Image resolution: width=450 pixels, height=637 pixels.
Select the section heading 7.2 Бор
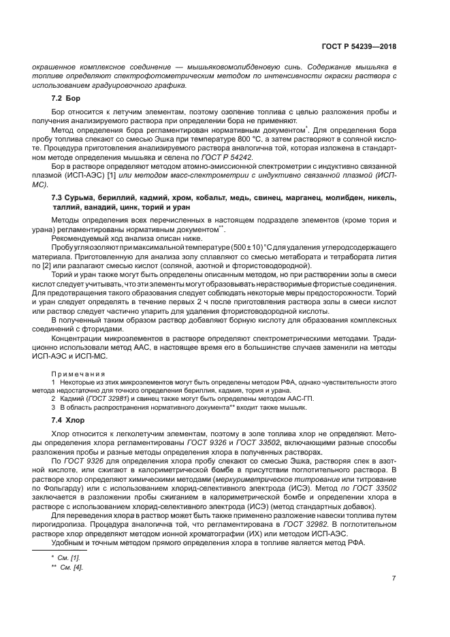click(67, 99)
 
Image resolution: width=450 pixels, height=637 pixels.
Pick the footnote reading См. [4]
click(71, 568)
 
